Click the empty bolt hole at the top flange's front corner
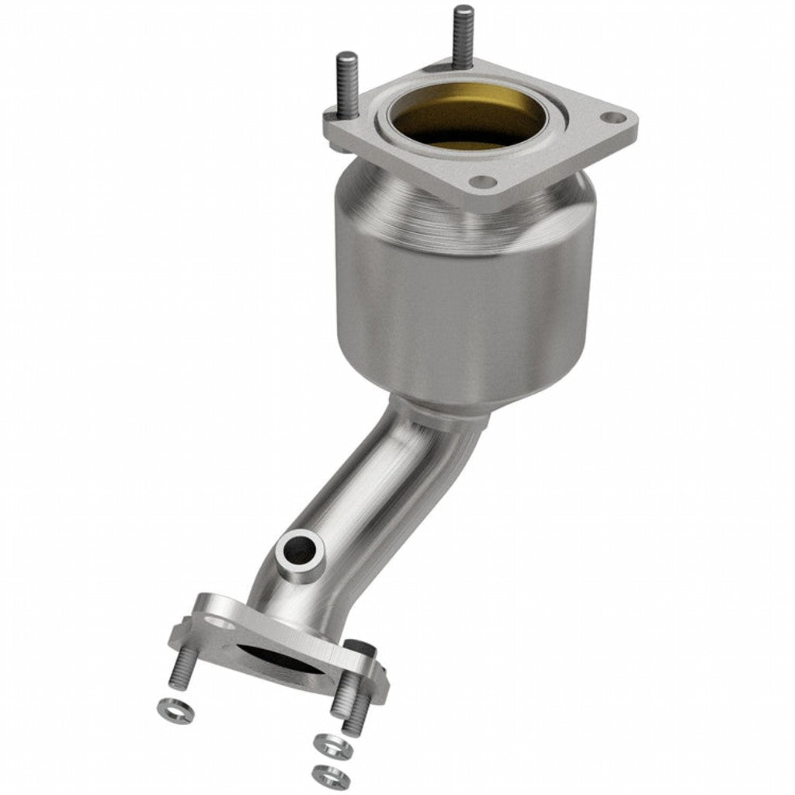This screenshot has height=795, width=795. click(x=483, y=182)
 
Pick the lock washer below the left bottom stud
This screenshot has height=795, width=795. click(x=175, y=710)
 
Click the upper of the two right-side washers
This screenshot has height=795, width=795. click(x=332, y=745)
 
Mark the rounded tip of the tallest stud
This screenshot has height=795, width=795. click(x=463, y=11)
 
